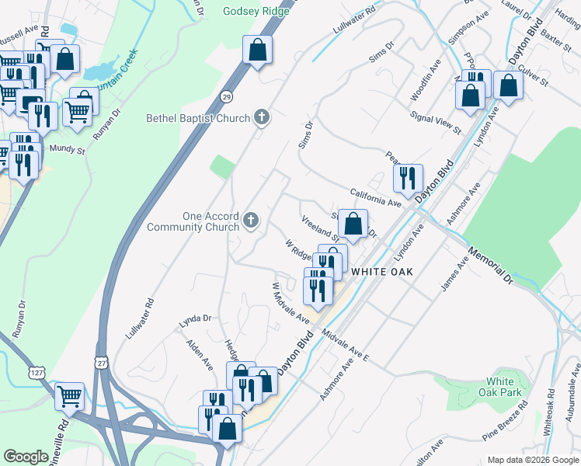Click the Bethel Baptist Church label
(198, 118)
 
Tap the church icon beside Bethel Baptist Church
(263, 118)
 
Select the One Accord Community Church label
(193, 221)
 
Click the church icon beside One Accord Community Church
(250, 221)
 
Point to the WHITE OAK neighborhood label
(381, 272)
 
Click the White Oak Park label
(500, 387)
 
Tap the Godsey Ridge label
(256, 11)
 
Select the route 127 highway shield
(36, 373)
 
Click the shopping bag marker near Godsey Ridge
(257, 50)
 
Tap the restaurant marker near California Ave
(407, 179)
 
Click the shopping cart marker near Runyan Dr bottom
(70, 396)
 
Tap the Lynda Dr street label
(196, 318)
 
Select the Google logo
(27, 457)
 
